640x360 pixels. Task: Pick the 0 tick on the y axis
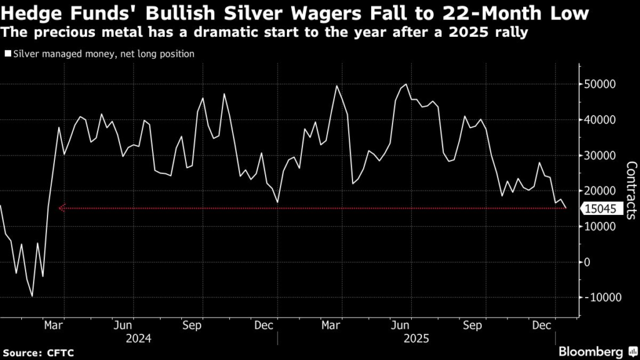click(x=586, y=262)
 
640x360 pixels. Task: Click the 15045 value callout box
click(x=601, y=209)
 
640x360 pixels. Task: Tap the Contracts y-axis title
click(x=631, y=191)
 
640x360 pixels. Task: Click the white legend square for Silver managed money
click(x=7, y=54)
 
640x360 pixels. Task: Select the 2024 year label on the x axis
click(x=138, y=337)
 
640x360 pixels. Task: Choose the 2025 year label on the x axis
click(x=415, y=337)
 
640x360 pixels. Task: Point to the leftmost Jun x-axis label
click(x=123, y=325)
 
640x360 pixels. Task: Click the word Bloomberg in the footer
click(x=591, y=351)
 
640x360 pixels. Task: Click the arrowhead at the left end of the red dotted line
click(x=61, y=208)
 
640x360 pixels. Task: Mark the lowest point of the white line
click(x=32, y=296)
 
